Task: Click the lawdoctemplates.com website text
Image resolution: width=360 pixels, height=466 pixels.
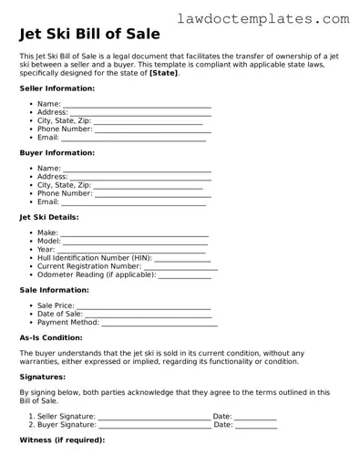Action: (x=275, y=17)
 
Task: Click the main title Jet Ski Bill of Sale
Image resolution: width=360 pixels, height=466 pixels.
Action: (x=89, y=35)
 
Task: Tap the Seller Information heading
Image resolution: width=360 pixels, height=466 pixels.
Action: (x=57, y=88)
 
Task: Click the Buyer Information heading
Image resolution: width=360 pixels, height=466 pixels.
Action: (x=57, y=153)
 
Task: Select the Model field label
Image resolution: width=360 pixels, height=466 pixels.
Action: (x=48, y=241)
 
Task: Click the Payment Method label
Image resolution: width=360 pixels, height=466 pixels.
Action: (x=67, y=322)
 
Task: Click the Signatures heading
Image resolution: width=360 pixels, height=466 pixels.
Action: (x=42, y=376)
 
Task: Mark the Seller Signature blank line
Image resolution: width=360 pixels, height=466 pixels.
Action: (x=153, y=417)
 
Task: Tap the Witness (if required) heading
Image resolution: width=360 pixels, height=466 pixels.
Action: (x=61, y=440)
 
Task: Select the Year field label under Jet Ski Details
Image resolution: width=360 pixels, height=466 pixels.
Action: (x=46, y=249)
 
